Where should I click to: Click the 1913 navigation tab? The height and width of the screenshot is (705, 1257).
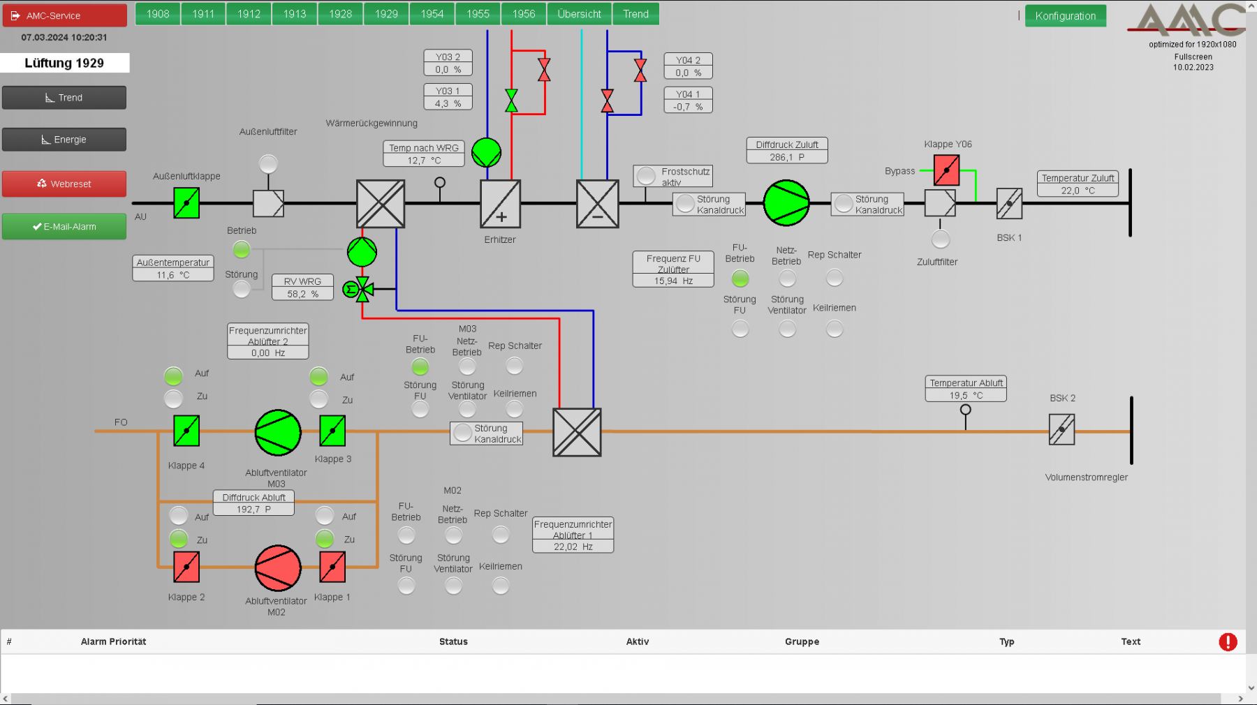pyautogui.click(x=295, y=14)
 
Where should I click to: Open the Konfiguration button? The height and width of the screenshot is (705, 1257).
pyautogui.click(x=1065, y=15)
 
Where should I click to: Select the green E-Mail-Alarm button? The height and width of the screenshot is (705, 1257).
pyautogui.click(x=64, y=226)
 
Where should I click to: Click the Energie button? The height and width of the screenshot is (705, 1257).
pyautogui.click(x=64, y=140)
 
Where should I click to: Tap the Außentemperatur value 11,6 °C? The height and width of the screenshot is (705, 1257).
pyautogui.click(x=172, y=275)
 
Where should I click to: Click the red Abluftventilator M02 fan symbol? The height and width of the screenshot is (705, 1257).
pyautogui.click(x=278, y=568)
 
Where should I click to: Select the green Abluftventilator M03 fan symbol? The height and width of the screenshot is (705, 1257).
pyautogui.click(x=278, y=433)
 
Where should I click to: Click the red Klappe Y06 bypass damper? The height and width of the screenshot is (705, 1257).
pyautogui.click(x=946, y=170)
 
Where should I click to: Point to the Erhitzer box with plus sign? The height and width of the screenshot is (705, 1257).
pyautogui.click(x=500, y=204)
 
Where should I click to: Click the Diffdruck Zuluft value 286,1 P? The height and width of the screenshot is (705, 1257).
pyautogui.click(x=787, y=157)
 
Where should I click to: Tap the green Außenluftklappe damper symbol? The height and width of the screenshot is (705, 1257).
pyautogui.click(x=186, y=204)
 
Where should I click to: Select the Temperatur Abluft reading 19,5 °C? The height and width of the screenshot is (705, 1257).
pyautogui.click(x=966, y=395)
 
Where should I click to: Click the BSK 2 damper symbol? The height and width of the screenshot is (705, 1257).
pyautogui.click(x=1061, y=429)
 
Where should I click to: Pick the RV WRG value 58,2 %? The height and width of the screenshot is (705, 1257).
pyautogui.click(x=302, y=294)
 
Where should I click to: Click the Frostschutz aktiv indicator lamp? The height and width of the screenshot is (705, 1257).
pyautogui.click(x=647, y=176)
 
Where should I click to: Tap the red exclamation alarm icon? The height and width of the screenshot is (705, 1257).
pyautogui.click(x=1228, y=641)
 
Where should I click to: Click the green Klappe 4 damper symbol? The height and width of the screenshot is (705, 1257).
pyautogui.click(x=186, y=431)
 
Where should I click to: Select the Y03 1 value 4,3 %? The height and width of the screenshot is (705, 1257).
pyautogui.click(x=448, y=103)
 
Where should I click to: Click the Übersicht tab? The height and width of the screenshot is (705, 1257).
pyautogui.click(x=579, y=14)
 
